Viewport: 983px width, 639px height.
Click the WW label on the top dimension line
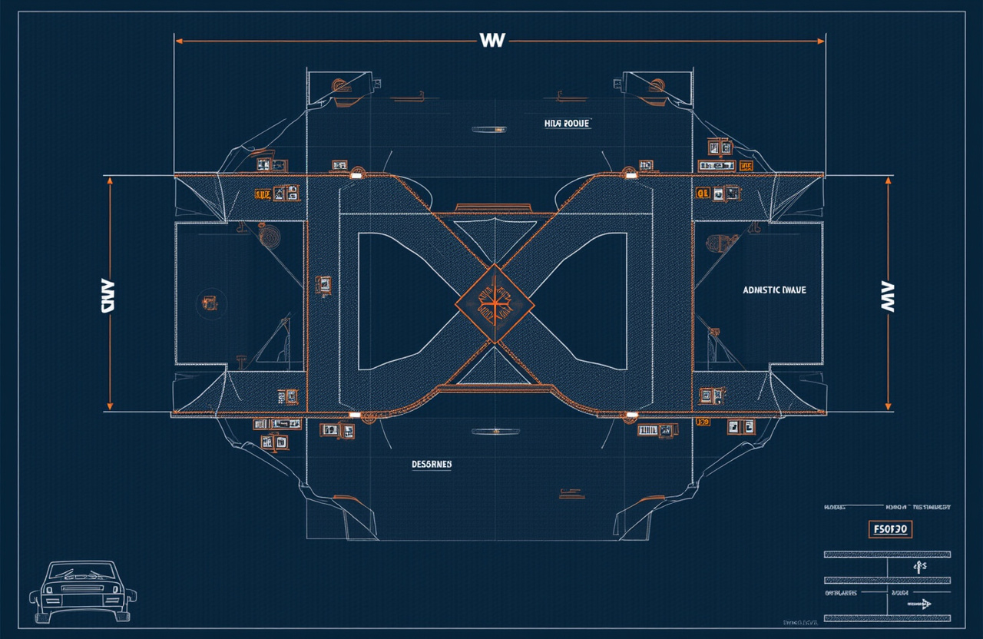[491, 40]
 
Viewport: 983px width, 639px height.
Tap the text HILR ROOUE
[567, 123]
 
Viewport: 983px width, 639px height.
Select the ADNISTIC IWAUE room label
[774, 290]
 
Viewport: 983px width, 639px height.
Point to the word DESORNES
[432, 465]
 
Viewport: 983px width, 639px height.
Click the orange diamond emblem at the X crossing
[495, 303]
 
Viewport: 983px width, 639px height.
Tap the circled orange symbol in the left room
[207, 302]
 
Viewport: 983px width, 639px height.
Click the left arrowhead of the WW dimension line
[178, 40]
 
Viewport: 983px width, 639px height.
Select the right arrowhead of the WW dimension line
[822, 40]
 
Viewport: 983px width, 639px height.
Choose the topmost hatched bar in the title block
[887, 554]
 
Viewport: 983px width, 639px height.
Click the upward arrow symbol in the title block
[916, 567]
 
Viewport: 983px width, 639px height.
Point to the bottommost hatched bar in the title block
[887, 617]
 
